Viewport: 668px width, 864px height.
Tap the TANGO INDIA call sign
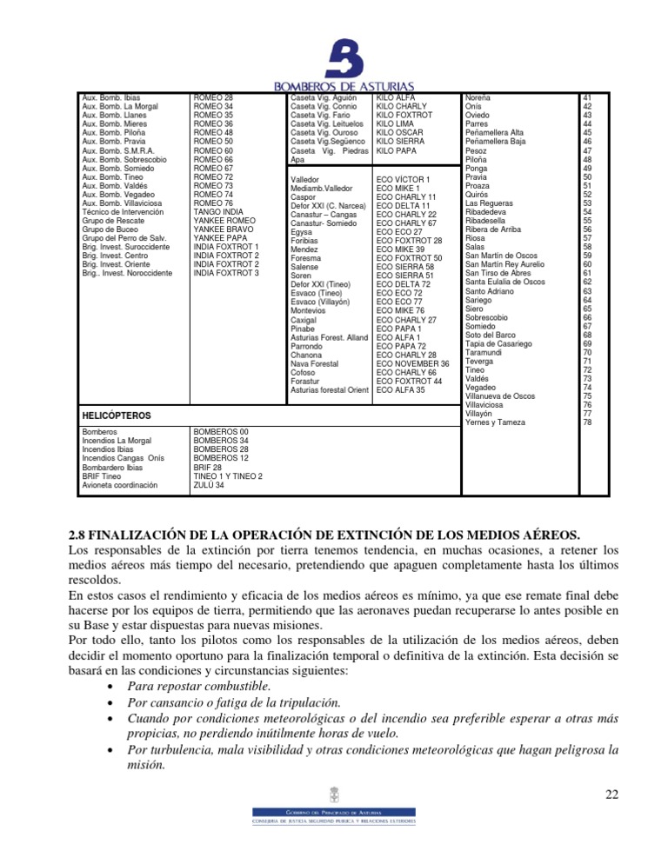218,212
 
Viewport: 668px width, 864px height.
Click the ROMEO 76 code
213,203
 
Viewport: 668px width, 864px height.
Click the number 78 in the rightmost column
587,422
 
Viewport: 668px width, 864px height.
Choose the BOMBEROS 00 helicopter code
221,431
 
